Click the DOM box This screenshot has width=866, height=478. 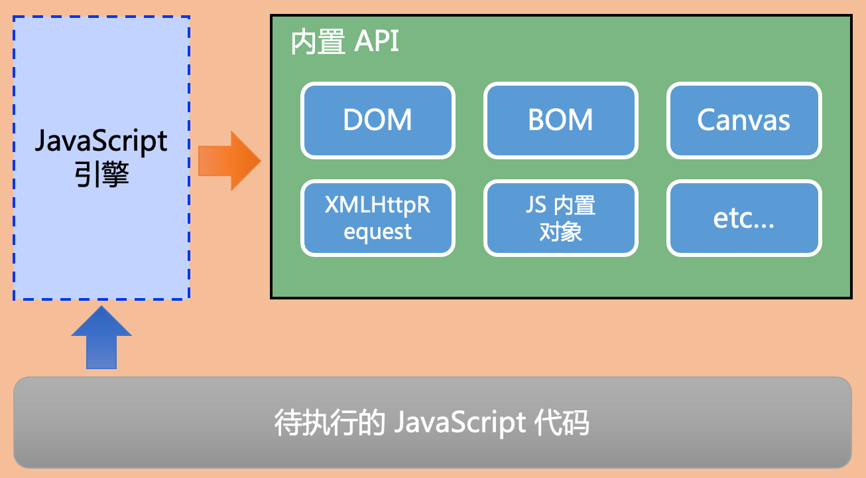pos(378,120)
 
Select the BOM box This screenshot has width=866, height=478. pos(560,120)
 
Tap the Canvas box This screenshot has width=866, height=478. pos(744,120)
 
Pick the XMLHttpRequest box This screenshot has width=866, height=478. pos(378,218)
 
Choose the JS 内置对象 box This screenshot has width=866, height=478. pos(560,218)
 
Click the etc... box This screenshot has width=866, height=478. pos(744,218)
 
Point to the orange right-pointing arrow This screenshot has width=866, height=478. pos(229,161)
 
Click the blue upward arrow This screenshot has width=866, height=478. pos(101,338)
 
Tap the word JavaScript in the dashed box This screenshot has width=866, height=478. pos(101,141)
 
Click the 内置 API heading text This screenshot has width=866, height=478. pos(345,44)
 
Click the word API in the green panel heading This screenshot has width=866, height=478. pos(377,44)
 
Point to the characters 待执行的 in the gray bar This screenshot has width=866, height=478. pos(330,424)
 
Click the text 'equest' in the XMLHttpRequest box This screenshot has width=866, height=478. pos(378,232)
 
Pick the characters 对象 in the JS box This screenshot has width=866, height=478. pos(560,232)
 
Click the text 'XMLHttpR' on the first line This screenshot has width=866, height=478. pos(378,205)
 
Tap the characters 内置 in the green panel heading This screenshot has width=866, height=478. pos(318,44)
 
